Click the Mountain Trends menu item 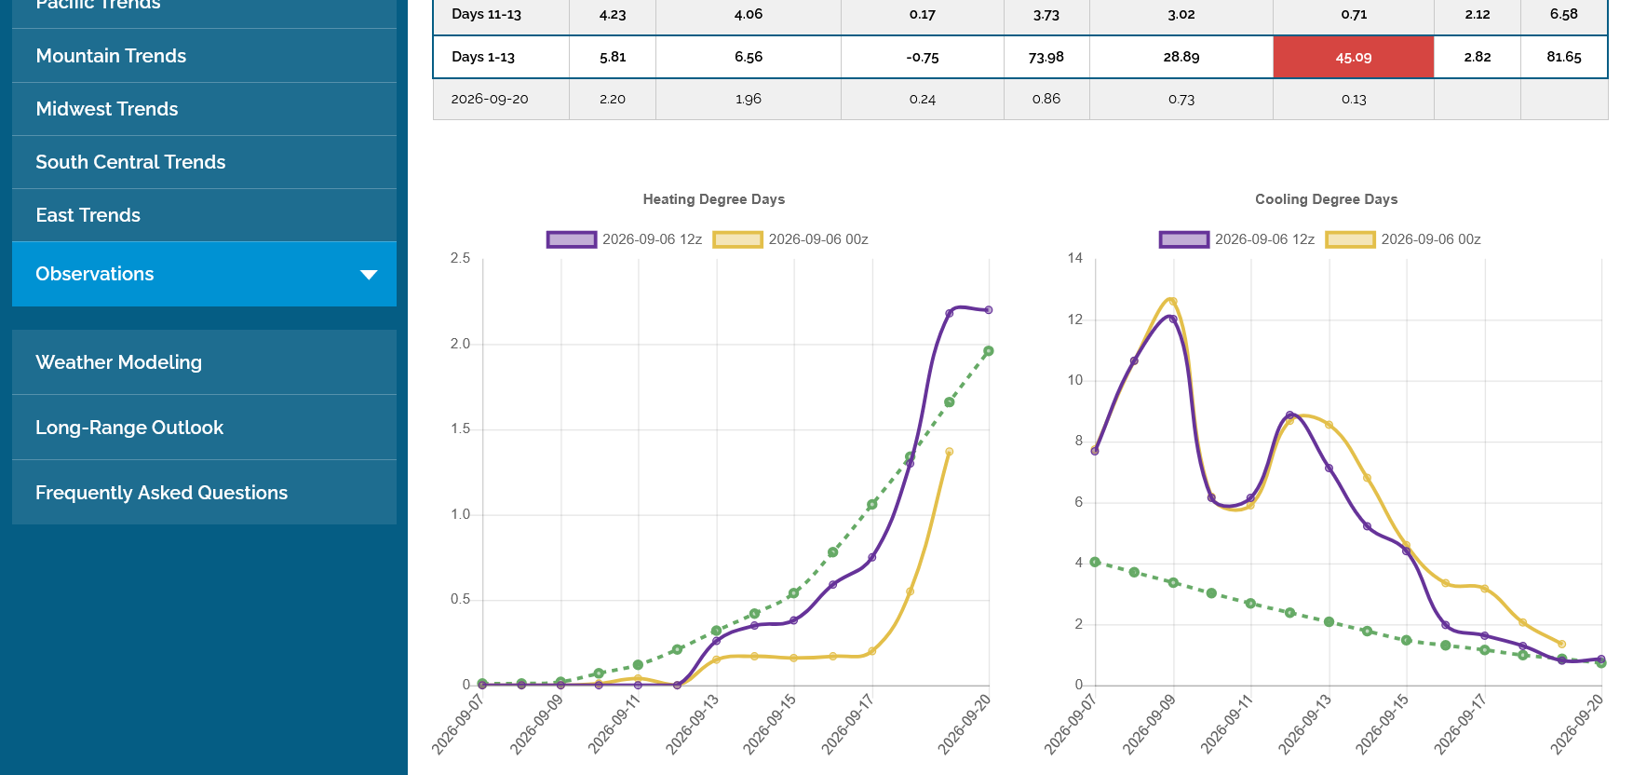(111, 56)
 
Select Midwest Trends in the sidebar (107, 109)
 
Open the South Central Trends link (130, 162)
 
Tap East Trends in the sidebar (88, 215)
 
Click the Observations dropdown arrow (369, 275)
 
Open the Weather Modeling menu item (118, 362)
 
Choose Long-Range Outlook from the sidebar (129, 428)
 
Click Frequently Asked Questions (161, 493)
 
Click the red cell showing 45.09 (1354, 57)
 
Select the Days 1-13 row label (483, 57)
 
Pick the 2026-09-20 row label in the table (490, 99)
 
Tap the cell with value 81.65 (1564, 57)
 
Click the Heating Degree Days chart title (714, 199)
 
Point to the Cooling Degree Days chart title (1327, 199)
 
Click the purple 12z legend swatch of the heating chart (572, 239)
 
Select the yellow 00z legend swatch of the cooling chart (1351, 239)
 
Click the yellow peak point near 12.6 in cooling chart (1173, 302)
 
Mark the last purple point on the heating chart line (989, 310)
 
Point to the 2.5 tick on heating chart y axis (461, 258)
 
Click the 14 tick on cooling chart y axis (1075, 258)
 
